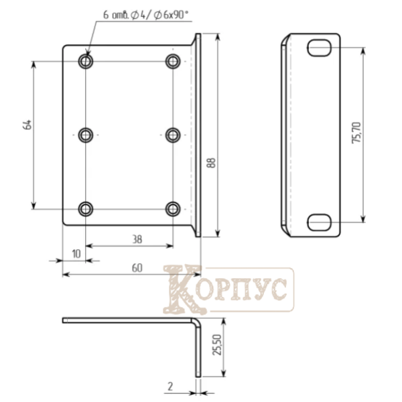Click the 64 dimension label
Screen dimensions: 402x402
(27, 125)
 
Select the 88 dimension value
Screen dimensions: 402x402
(211, 163)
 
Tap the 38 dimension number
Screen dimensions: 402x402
(137, 239)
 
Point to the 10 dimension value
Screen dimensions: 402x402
(76, 254)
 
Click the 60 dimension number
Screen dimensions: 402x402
(137, 268)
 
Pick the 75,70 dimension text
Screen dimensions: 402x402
(356, 133)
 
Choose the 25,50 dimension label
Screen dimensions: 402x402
(217, 344)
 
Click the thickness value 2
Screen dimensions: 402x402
(170, 386)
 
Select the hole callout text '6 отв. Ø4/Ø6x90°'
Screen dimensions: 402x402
(145, 15)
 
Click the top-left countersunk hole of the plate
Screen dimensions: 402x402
(86, 61)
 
